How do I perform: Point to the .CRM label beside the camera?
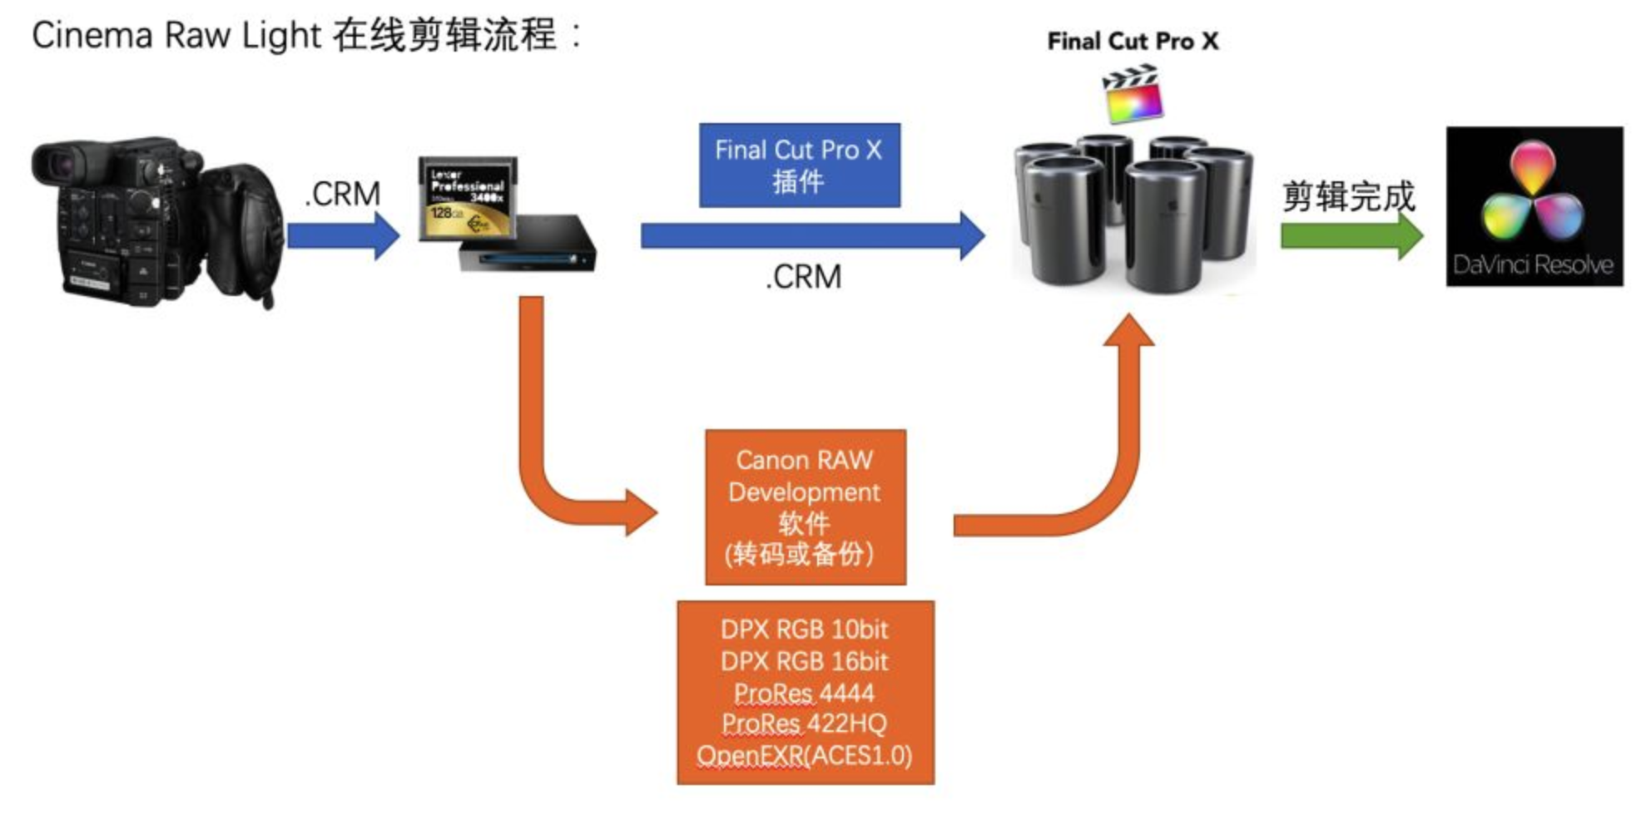click(x=342, y=194)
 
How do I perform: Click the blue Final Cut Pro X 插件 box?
click(x=799, y=166)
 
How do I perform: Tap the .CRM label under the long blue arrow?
click(x=804, y=277)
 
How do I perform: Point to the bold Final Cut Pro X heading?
click(x=1133, y=42)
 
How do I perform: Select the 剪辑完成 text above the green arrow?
click(x=1348, y=196)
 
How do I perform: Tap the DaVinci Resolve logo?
click(x=1534, y=206)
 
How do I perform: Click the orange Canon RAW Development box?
click(x=805, y=506)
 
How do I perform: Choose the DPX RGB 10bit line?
click(x=805, y=630)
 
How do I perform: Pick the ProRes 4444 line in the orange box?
click(x=805, y=693)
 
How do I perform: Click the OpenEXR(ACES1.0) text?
click(x=805, y=755)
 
